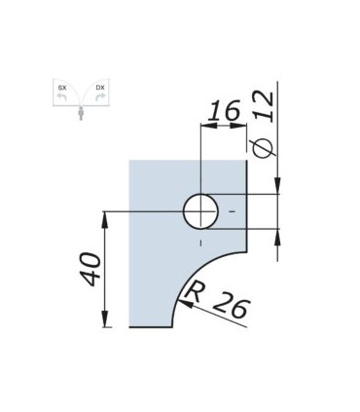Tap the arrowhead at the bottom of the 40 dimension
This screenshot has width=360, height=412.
104,322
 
